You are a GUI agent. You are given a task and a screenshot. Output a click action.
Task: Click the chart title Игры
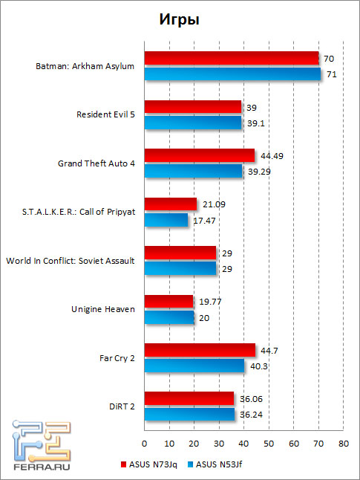pos(180,20)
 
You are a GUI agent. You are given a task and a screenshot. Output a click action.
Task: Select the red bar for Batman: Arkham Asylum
pos(232,58)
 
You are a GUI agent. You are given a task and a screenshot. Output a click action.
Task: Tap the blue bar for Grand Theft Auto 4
pos(194,171)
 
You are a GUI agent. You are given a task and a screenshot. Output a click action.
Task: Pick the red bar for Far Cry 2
pos(200,350)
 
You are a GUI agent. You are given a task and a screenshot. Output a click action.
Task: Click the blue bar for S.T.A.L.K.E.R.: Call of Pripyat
pos(166,220)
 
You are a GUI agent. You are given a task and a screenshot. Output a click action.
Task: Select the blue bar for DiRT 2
pos(189,414)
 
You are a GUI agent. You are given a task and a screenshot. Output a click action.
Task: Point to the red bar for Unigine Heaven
pos(168,301)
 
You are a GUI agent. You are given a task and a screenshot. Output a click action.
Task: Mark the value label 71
pos(331,74)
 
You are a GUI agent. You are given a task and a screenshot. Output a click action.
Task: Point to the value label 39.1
pos(255,123)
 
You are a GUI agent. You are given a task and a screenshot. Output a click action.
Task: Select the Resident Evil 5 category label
pos(105,114)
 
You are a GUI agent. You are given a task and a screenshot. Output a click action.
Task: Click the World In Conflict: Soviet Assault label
pos(70,261)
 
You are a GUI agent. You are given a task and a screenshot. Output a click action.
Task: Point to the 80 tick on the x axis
pos(343,444)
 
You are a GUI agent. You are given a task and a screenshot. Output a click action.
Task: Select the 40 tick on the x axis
pos(243,444)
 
